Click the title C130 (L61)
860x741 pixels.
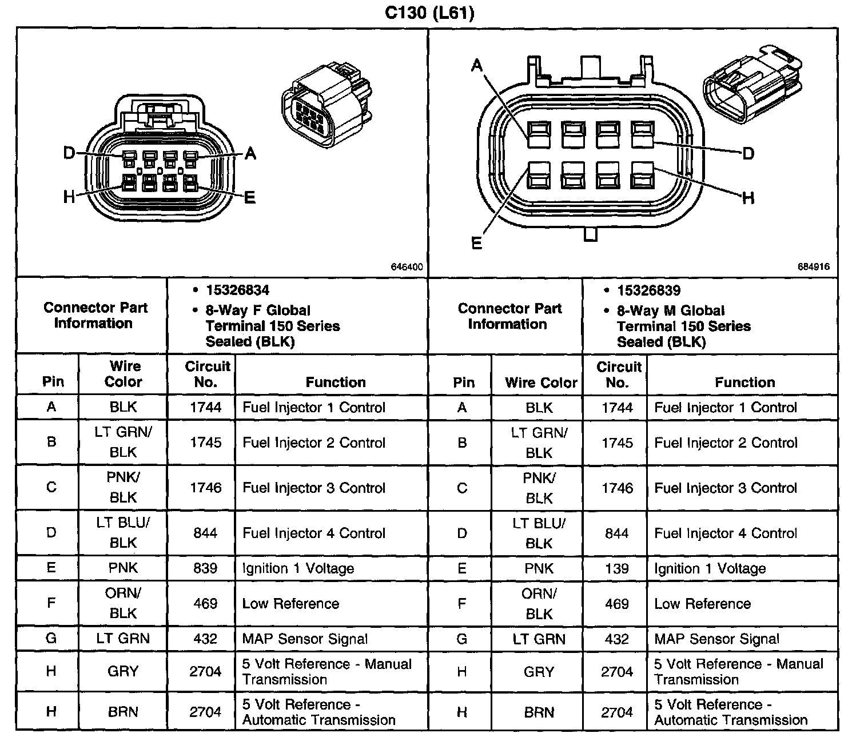pyautogui.click(x=429, y=13)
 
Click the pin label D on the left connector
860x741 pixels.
pyautogui.click(x=69, y=153)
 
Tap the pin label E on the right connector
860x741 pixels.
pyautogui.click(x=476, y=243)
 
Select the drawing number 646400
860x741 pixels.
pyautogui.click(x=407, y=267)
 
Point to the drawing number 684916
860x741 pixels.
pyautogui.click(x=813, y=267)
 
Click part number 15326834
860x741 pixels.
pyautogui.click(x=237, y=290)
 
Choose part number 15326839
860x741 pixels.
pyautogui.click(x=648, y=290)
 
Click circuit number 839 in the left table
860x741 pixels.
pyautogui.click(x=205, y=568)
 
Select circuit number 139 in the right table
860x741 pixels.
pyautogui.click(x=616, y=569)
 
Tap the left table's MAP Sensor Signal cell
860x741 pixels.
pyautogui.click(x=305, y=639)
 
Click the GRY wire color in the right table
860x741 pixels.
pyautogui.click(x=539, y=672)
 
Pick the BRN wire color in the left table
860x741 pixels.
pyautogui.click(x=123, y=712)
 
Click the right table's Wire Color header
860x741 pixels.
pyautogui.click(x=541, y=383)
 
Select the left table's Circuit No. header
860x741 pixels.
pyautogui.click(x=206, y=374)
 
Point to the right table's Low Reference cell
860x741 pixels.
pyautogui.click(x=702, y=604)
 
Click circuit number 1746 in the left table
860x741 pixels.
pyautogui.click(x=205, y=488)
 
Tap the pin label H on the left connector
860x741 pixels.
pyautogui.click(x=69, y=198)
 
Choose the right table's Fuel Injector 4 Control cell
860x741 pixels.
pyautogui.click(x=725, y=533)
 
